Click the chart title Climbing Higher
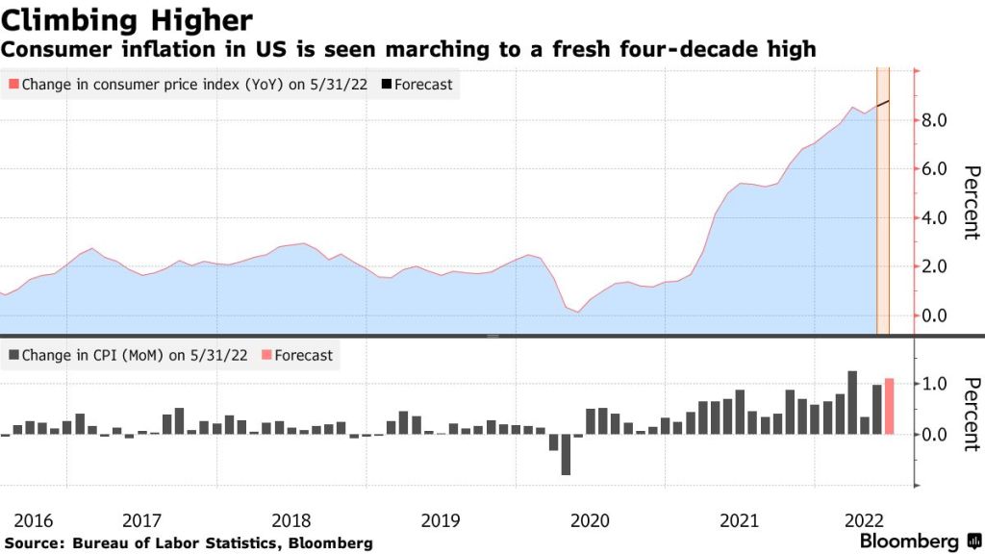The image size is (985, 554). tap(127, 19)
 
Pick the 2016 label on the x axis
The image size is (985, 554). tap(33, 520)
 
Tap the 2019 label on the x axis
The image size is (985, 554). tap(441, 520)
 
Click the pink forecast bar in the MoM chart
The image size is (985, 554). tap(889, 406)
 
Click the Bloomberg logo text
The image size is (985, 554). tap(909, 541)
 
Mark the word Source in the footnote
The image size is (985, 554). tap(29, 543)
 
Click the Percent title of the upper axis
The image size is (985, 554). tap(971, 202)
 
